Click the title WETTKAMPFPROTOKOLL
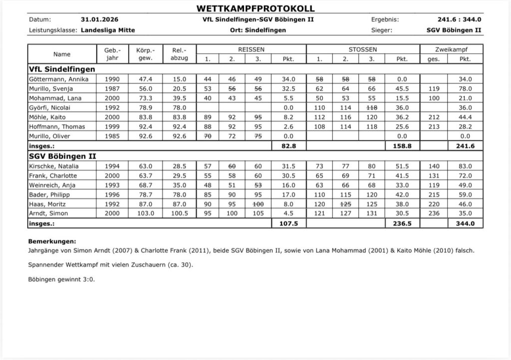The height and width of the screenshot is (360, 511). [x=255, y=8]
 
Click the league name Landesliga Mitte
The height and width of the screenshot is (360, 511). [x=108, y=30]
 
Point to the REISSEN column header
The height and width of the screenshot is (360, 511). [x=251, y=50]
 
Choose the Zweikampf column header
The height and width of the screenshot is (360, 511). [x=451, y=50]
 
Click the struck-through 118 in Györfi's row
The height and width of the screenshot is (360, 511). [x=371, y=107]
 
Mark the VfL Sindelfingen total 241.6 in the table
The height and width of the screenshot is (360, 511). [x=465, y=146]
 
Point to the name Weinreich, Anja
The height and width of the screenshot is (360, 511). [x=52, y=185]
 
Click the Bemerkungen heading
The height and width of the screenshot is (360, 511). [x=52, y=241]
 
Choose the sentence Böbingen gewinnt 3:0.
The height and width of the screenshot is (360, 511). [x=62, y=279]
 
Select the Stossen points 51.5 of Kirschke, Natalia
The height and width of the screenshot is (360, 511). [x=402, y=166]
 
